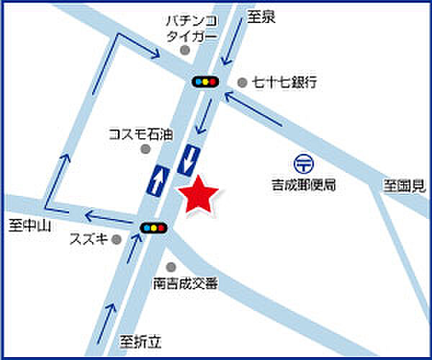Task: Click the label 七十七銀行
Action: click(284, 83)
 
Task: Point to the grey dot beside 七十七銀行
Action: click(242, 82)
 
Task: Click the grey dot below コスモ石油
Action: click(145, 149)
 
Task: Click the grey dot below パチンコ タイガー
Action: click(185, 50)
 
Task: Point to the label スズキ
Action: click(89, 239)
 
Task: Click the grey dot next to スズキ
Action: click(117, 239)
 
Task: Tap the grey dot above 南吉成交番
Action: click(171, 266)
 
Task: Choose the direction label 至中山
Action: click(28, 225)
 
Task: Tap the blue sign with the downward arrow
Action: click(189, 159)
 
